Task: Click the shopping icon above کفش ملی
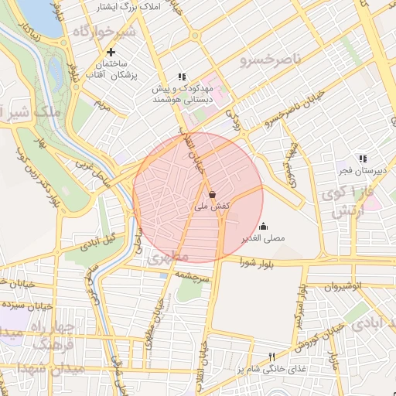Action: (x=212, y=194)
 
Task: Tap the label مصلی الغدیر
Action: (x=263, y=238)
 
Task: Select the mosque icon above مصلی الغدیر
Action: (x=264, y=226)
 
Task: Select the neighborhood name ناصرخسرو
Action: (x=268, y=59)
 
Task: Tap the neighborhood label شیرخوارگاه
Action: (x=104, y=32)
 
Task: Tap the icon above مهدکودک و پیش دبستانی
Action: (x=182, y=77)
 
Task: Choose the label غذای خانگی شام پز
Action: (x=272, y=369)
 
